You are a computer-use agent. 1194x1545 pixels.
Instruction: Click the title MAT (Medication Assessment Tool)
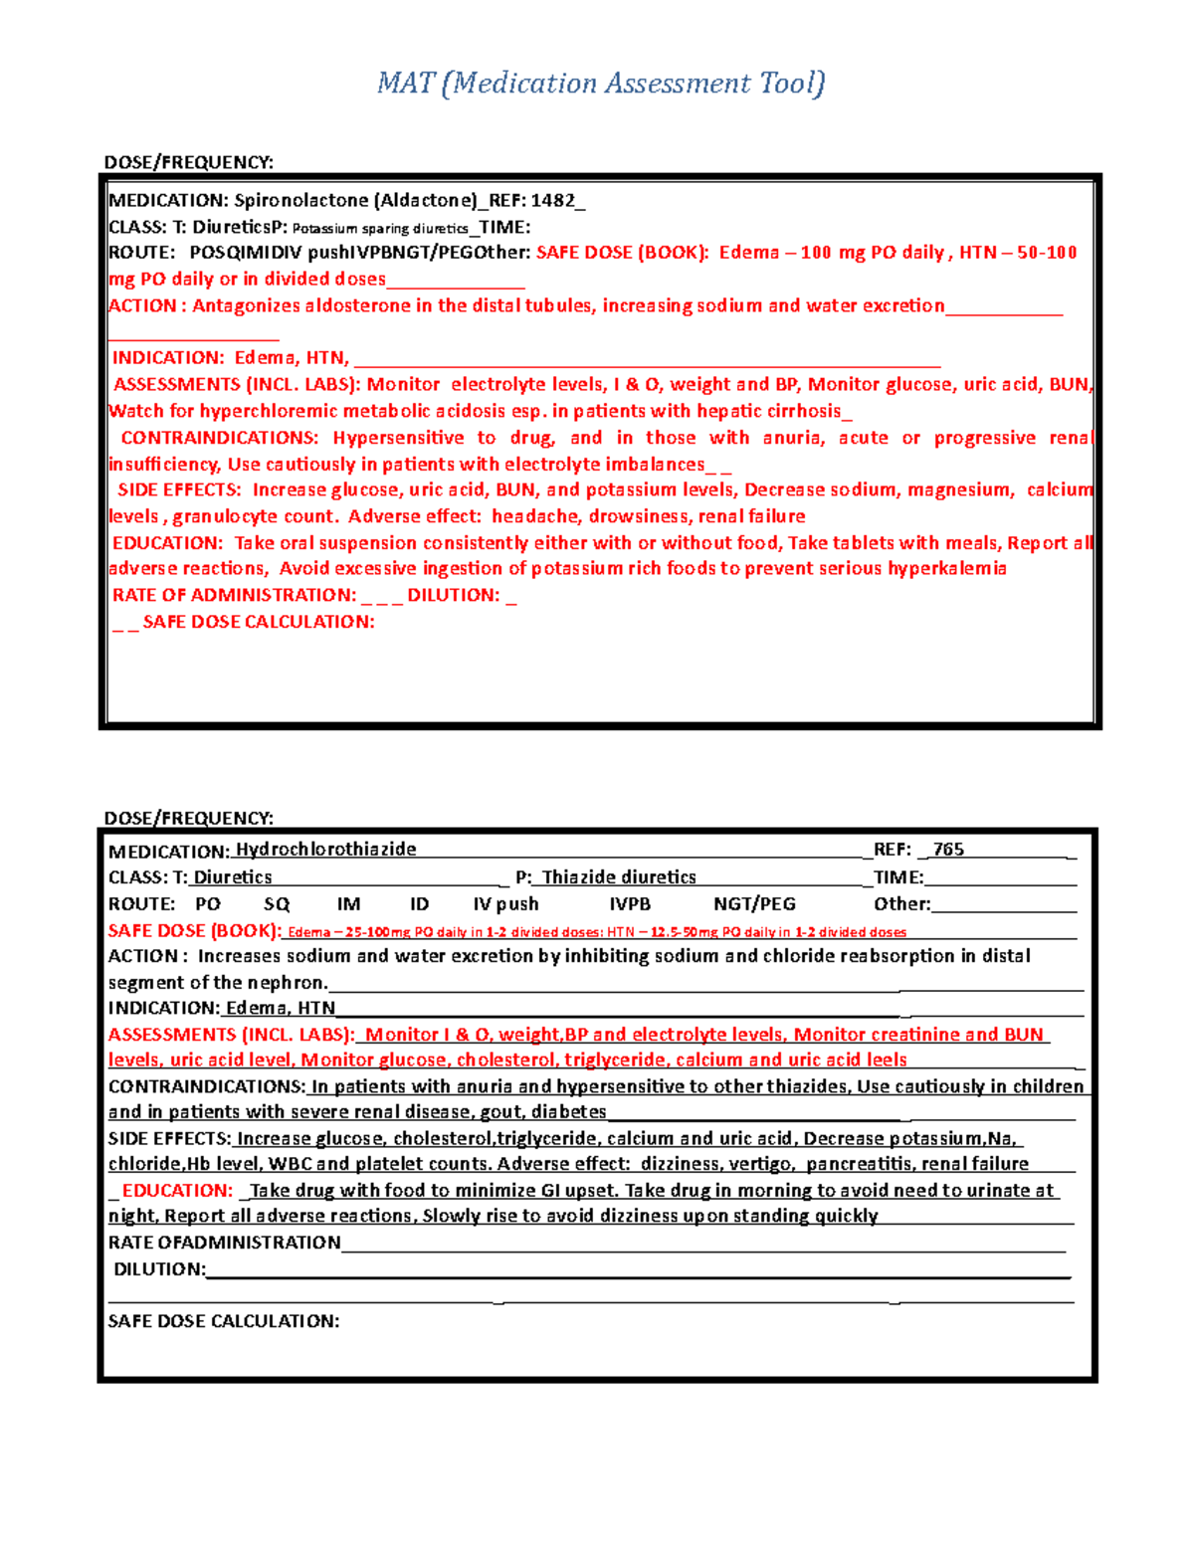coord(601,83)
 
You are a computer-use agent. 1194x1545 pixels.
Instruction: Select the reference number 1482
coord(552,200)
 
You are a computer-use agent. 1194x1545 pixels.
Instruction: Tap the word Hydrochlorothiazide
coord(325,850)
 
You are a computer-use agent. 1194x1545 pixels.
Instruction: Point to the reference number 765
coord(948,850)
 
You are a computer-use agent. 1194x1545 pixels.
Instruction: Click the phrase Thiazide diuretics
coord(619,877)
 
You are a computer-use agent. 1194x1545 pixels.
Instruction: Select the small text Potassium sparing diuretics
coord(380,229)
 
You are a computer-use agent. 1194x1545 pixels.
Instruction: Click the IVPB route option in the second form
coord(630,904)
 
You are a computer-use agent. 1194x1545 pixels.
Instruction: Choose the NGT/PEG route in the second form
coord(754,904)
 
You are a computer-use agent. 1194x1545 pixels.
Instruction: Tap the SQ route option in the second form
coord(277,904)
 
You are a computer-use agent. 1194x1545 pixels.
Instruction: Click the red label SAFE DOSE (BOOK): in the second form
coord(195,931)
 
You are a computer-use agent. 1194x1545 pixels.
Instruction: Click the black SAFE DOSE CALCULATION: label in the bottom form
coord(224,1321)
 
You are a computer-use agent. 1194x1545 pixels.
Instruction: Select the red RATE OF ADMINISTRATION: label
coord(235,595)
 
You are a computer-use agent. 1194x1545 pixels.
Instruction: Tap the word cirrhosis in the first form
coord(798,411)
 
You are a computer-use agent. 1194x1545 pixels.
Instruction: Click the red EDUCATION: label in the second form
coord(177,1191)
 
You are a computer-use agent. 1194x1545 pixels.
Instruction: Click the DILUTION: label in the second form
coord(159,1269)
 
